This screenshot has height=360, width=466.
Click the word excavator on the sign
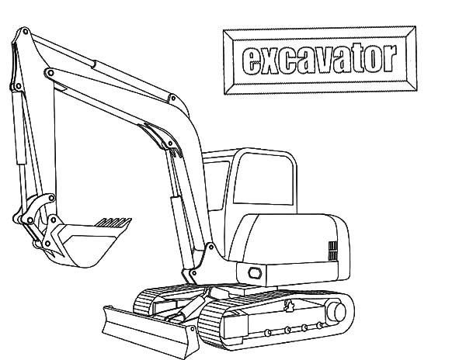point(319,60)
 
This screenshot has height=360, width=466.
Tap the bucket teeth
point(113,223)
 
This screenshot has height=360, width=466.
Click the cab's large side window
point(263,178)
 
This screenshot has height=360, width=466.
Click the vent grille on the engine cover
point(333,251)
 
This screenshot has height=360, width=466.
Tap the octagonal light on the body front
point(255,273)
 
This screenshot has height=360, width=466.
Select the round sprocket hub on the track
point(336,312)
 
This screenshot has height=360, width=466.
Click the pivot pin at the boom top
point(26,31)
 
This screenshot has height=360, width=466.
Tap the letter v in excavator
point(324,62)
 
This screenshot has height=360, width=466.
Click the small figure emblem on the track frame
point(289,306)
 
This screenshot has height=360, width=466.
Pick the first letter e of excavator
point(251,62)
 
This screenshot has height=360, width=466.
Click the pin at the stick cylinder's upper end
point(50,73)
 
